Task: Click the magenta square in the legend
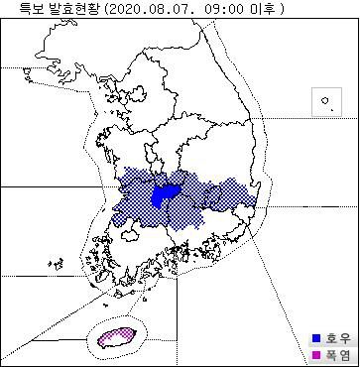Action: coord(316,354)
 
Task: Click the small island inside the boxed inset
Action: coord(324,102)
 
